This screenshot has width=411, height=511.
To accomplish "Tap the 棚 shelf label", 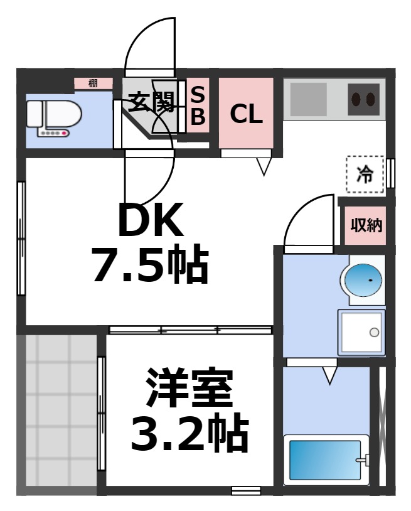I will pyautogui.click(x=93, y=83).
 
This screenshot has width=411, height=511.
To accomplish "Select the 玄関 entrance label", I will pyautogui.click(x=151, y=102).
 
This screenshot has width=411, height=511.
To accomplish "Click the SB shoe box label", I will pyautogui.click(x=197, y=106).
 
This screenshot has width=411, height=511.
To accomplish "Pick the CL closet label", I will pyautogui.click(x=246, y=114).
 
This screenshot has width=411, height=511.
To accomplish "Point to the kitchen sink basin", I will pyautogui.click(x=308, y=99).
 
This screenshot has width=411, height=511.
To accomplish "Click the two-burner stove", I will pyautogui.click(x=364, y=99).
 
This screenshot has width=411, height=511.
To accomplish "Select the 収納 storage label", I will pyautogui.click(x=366, y=225).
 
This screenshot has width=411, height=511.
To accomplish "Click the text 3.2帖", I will pyautogui.click(x=189, y=433).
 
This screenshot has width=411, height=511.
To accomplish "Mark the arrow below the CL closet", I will pyautogui.click(x=264, y=166).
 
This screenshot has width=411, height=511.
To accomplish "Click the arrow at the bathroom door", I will pyautogui.click(x=330, y=375).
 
